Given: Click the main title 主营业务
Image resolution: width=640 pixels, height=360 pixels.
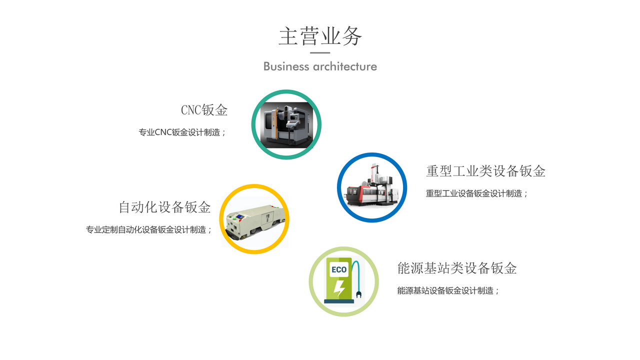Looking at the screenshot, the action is click(320, 36).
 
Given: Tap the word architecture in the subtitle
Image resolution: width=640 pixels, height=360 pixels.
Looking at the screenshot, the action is click(345, 66).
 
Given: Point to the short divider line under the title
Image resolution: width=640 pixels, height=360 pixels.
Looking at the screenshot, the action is click(320, 53).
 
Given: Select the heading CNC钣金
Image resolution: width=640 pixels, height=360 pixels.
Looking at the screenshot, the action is click(204, 110).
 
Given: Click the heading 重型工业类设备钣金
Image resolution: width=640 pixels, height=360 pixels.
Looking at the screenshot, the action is click(485, 171).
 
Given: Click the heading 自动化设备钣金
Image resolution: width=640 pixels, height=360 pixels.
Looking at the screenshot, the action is click(165, 207).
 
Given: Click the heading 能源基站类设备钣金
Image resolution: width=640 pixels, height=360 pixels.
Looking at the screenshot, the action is click(457, 268).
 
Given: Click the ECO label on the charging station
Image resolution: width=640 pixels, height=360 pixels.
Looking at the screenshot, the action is click(339, 269).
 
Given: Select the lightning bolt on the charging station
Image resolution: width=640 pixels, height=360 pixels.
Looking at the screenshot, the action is click(339, 288).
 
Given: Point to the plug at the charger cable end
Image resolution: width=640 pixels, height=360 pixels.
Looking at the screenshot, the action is click(359, 294).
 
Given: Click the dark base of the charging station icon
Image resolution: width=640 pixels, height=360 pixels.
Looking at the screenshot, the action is click(339, 301).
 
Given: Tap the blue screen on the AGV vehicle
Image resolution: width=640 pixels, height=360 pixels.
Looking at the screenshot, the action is click(239, 217).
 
